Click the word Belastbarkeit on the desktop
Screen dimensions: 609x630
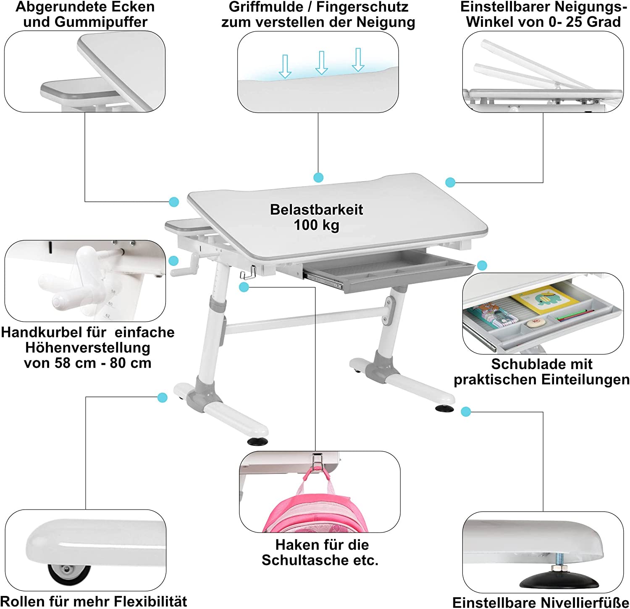point(316,209)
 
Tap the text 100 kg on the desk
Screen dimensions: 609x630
point(316,225)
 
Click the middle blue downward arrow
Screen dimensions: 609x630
point(322,63)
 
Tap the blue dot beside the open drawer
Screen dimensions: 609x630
point(482,265)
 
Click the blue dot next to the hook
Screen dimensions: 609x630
point(244,287)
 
